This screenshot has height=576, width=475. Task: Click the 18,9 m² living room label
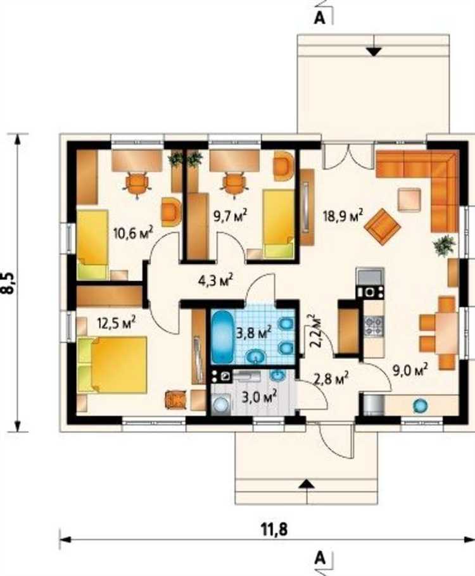click(x=343, y=215)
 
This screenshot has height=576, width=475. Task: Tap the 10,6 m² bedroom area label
click(x=133, y=233)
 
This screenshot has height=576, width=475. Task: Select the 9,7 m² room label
click(x=230, y=215)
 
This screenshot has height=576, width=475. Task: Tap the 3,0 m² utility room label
click(x=259, y=396)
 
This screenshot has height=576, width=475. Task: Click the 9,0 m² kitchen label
click(x=410, y=370)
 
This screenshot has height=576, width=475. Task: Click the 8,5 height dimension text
click(x=8, y=283)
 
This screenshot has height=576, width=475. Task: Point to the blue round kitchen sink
click(x=421, y=406)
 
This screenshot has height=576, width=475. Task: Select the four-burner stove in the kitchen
click(x=374, y=326)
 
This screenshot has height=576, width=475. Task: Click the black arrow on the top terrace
click(x=374, y=52)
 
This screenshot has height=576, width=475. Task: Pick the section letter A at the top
click(x=320, y=18)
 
